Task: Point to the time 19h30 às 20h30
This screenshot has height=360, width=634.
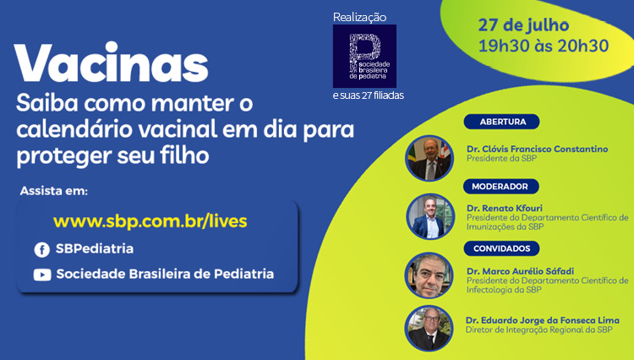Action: pyautogui.click(x=543, y=46)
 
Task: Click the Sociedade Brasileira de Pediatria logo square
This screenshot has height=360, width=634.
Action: pyautogui.click(x=363, y=57)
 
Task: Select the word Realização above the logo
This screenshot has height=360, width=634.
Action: pyautogui.click(x=359, y=17)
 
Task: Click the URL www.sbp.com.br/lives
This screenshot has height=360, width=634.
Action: pyautogui.click(x=150, y=221)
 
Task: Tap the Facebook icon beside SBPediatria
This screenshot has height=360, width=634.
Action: pyautogui.click(x=41, y=249)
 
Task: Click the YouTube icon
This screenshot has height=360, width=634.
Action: pyautogui.click(x=41, y=274)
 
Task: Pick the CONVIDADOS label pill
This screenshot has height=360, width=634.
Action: pyautogui.click(x=503, y=248)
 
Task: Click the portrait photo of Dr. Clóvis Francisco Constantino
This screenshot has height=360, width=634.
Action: pyautogui.click(x=429, y=158)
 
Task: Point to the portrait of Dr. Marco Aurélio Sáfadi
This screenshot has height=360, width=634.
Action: pyautogui.click(x=429, y=275)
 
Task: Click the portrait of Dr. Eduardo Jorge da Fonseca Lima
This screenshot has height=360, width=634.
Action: pyautogui.click(x=429, y=328)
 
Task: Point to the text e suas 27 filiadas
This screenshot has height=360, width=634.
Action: pyautogui.click(x=368, y=95)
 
